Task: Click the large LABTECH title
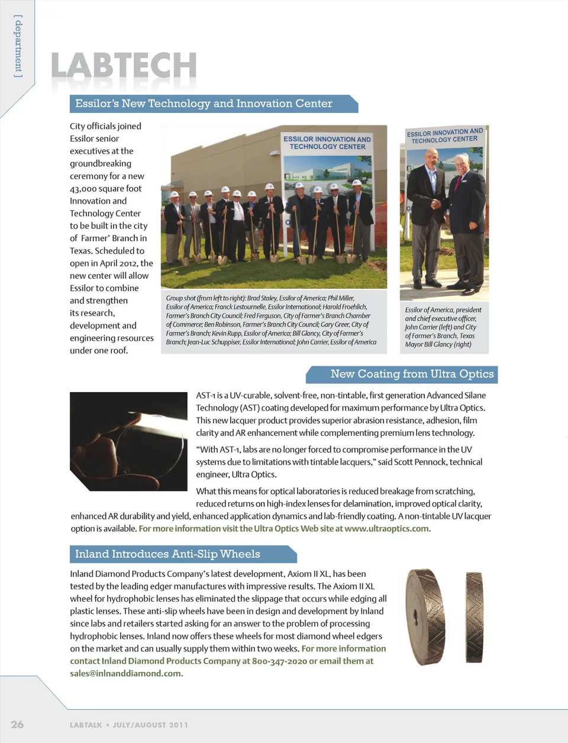pos(124,66)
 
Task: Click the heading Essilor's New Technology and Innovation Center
pos(204,104)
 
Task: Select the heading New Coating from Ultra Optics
pos(412,374)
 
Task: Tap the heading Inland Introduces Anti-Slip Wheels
pos(167,554)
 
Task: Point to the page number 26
pos(17,724)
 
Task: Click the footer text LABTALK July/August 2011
pos(128,725)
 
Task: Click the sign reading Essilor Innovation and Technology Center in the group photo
pos(327,143)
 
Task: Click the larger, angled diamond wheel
pos(425,616)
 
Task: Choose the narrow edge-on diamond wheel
pos(473,615)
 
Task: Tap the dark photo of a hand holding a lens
pos(128,441)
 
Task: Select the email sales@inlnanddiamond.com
pos(126,673)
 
